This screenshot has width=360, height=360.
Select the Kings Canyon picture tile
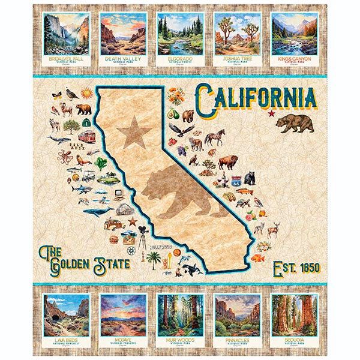[295, 35]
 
